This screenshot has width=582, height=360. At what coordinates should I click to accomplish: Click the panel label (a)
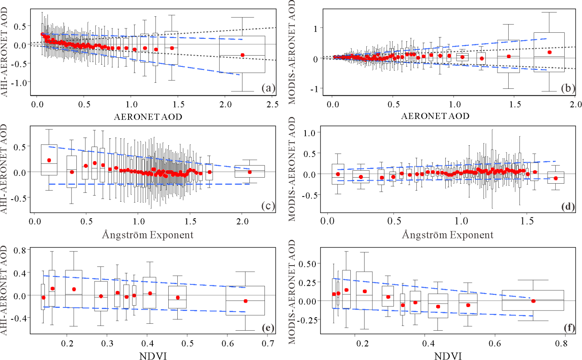[268, 89]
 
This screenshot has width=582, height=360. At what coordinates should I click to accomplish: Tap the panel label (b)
[566, 89]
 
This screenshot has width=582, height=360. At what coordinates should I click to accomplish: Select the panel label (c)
[268, 206]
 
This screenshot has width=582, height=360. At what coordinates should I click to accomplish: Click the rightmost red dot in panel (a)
[242, 55]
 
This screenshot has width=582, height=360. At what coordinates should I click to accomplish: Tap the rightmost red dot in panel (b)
[550, 52]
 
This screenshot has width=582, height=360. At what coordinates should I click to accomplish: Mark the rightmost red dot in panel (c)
[249, 172]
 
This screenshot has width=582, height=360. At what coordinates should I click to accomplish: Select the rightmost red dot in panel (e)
[245, 301]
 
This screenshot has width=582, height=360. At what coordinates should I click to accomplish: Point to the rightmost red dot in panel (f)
[533, 301]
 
